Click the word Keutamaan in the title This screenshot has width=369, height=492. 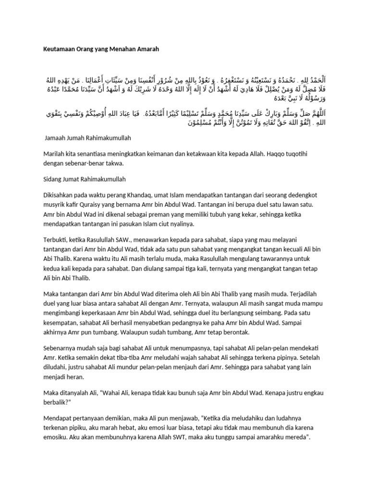pos(57,49)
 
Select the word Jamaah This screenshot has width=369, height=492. pos(56,137)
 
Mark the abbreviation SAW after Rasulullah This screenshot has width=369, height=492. pos(136,239)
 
